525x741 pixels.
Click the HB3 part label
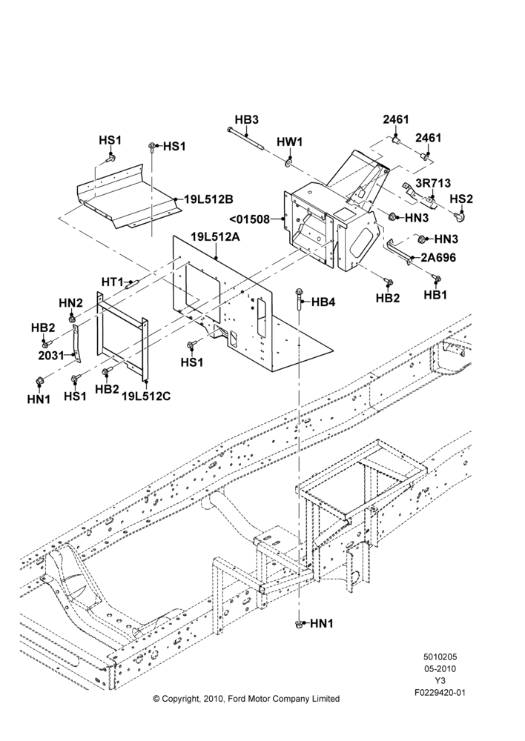click(247, 119)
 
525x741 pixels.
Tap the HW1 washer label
click(289, 142)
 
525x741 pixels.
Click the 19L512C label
click(145, 396)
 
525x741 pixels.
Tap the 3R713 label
click(433, 183)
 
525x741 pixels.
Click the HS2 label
click(461, 199)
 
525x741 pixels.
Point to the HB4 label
click(323, 302)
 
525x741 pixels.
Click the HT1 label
click(113, 282)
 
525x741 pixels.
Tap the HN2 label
click(71, 302)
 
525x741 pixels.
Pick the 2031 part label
click(50, 355)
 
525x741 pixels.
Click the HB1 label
click(435, 294)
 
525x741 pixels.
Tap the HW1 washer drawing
click(288, 164)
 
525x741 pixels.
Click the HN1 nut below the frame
click(299, 624)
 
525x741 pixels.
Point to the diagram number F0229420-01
click(440, 693)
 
